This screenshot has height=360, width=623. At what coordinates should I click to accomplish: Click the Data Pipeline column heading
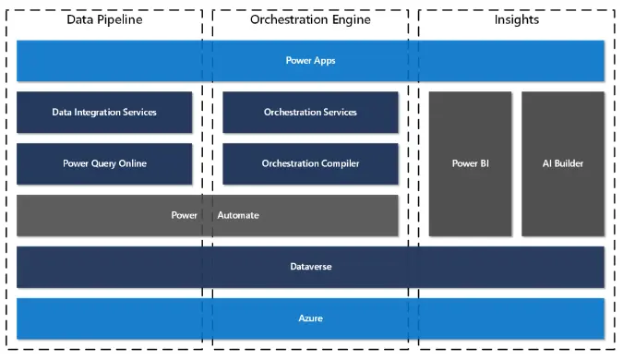tap(105, 20)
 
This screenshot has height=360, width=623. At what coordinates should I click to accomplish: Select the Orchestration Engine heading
tap(310, 20)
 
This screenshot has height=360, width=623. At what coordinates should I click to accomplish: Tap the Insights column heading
tap(517, 20)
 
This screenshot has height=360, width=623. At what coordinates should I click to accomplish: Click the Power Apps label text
tap(310, 61)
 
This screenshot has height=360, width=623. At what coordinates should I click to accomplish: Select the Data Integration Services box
tap(104, 113)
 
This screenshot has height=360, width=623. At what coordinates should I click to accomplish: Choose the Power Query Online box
tap(104, 163)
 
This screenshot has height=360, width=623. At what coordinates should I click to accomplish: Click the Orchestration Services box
tap(310, 113)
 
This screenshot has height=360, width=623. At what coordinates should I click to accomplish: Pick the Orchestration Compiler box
tap(310, 163)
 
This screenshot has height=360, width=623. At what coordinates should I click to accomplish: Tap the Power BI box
tap(470, 163)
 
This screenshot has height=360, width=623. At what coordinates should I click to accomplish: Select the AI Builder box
tap(563, 163)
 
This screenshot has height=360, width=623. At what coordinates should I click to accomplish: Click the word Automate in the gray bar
tap(238, 215)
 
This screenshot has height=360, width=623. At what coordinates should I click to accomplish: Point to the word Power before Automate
tap(185, 215)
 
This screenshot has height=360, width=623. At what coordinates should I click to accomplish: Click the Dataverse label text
tap(310, 267)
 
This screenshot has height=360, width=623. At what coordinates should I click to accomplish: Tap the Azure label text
tap(310, 318)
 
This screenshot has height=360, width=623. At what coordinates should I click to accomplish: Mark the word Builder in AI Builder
tap(569, 163)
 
